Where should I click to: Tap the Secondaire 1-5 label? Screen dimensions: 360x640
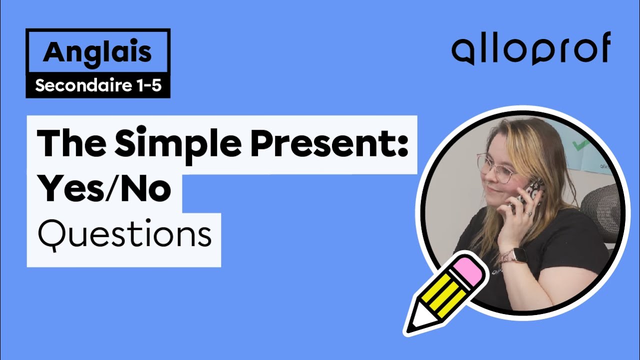coord(98,86)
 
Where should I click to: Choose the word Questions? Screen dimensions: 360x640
coord(124,234)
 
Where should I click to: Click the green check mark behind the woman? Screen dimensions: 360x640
coord(580,145)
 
